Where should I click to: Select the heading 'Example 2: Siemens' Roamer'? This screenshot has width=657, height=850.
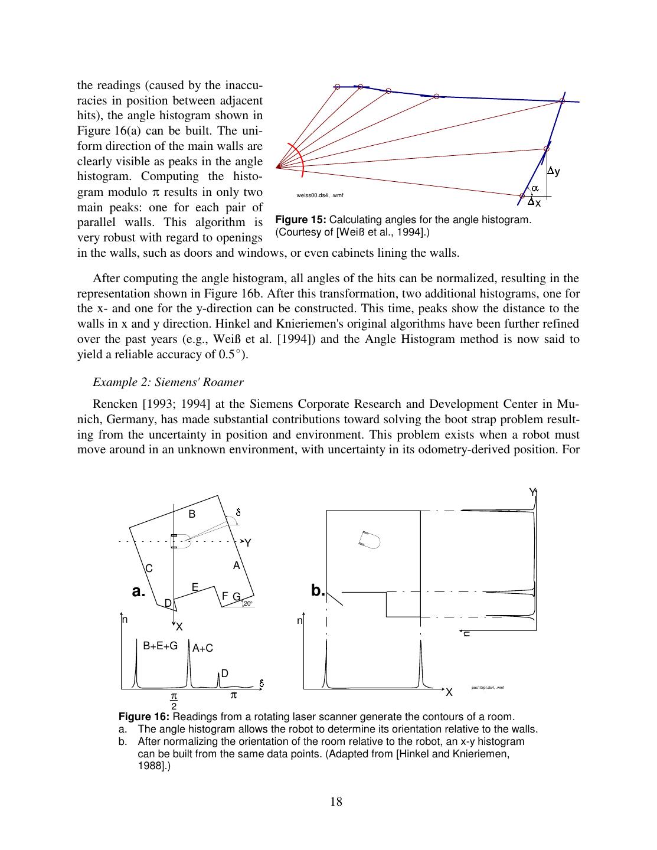[168, 382]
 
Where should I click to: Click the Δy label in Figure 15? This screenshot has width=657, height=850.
[554, 171]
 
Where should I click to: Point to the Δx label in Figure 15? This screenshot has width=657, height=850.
[535, 202]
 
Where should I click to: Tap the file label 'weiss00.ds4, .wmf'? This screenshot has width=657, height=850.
[320, 195]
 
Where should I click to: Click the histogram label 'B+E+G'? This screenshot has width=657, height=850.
[161, 646]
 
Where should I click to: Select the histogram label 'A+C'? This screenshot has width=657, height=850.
[202, 648]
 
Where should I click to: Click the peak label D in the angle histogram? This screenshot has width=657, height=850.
[225, 674]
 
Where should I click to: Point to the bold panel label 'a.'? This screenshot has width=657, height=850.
[138, 591]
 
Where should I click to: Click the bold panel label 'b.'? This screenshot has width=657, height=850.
[318, 590]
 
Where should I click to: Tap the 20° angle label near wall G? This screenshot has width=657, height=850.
[247, 603]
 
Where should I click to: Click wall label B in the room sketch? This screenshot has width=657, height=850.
[192, 514]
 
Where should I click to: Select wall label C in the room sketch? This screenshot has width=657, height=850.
[149, 568]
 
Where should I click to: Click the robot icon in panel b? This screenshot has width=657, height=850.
[370, 538]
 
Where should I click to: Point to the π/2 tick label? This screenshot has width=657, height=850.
[174, 701]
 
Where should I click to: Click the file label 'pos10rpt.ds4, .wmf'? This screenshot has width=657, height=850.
[488, 688]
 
